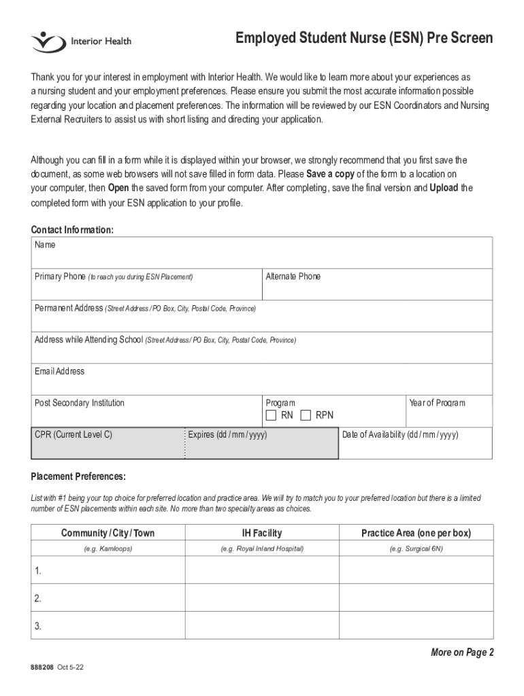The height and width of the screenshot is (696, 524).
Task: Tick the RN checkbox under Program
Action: [x=271, y=415]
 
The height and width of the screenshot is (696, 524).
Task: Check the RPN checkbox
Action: [x=306, y=415]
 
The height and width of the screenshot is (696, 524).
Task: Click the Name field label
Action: [x=45, y=245]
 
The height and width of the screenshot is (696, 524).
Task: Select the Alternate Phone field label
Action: [x=293, y=277]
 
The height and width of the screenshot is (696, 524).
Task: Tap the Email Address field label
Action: [x=60, y=371]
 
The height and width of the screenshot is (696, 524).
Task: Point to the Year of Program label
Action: [x=437, y=403]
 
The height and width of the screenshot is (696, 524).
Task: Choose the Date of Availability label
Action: [x=400, y=435]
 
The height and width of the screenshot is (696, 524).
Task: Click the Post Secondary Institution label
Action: [x=80, y=403]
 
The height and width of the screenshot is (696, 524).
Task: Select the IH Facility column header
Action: [x=262, y=533]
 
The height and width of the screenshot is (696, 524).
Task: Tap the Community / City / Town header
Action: [x=108, y=533]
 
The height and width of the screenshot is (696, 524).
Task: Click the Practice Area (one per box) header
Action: [x=416, y=533]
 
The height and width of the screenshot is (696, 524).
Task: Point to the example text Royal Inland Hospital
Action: [x=262, y=548]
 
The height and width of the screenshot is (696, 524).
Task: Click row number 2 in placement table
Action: [x=38, y=599]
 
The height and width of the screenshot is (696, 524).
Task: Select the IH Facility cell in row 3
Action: [x=262, y=626]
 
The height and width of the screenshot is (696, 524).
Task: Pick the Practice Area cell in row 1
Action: [x=416, y=571]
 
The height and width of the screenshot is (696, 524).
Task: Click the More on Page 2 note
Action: [x=462, y=652]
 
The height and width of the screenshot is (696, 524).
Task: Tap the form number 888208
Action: [x=41, y=668]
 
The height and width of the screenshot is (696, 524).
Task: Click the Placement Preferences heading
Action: [x=78, y=476]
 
